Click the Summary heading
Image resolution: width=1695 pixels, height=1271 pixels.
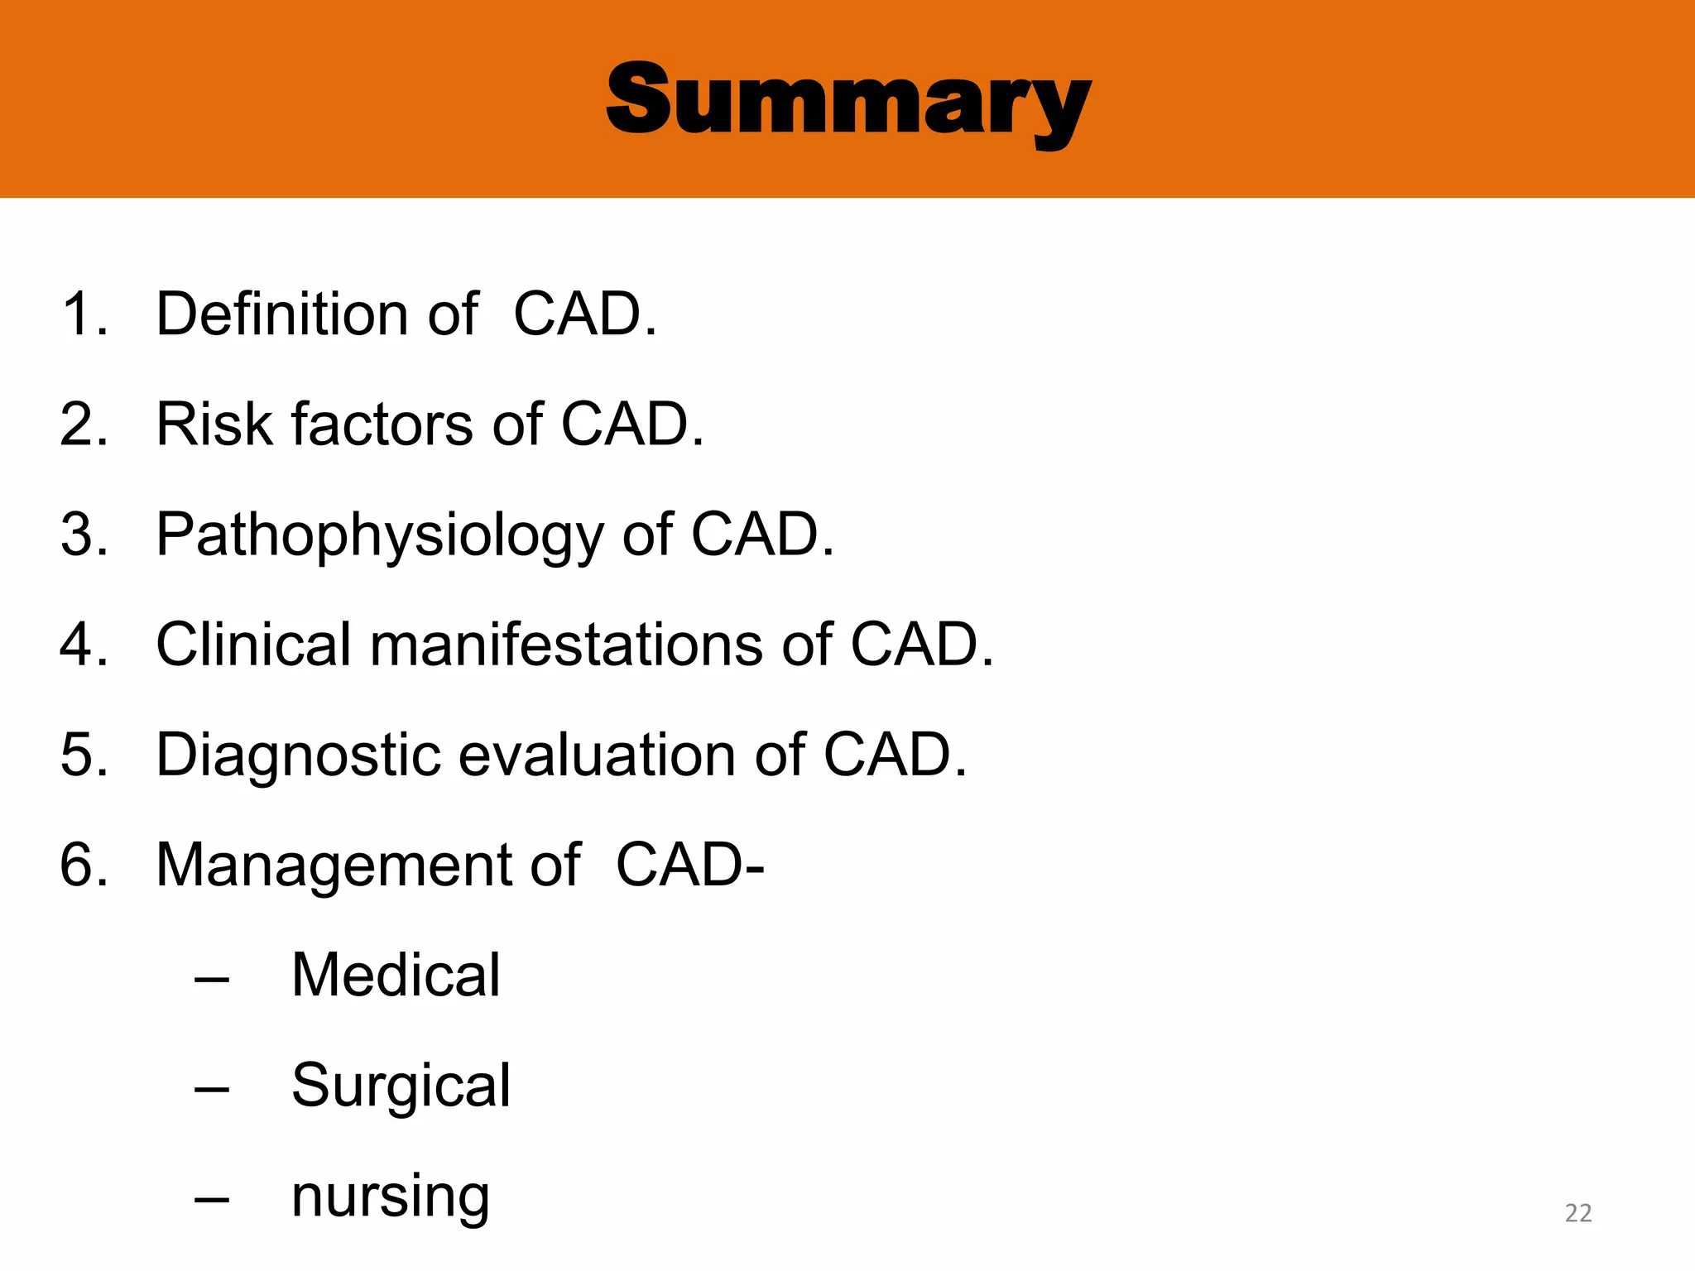pos(848,103)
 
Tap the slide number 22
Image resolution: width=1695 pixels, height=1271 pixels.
pos(1578,1213)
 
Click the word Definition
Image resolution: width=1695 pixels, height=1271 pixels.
pos(281,315)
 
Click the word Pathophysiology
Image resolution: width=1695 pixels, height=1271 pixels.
pos(380,536)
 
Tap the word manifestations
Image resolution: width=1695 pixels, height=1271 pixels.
pos(566,645)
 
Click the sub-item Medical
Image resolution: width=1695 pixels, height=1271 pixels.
pos(396,975)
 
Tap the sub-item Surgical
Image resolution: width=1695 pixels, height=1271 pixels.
pos(401,1086)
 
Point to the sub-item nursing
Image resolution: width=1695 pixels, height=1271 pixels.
pos(391,1197)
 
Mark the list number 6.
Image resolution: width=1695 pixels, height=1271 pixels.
pos(84,866)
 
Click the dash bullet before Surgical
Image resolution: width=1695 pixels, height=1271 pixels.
pos(212,1091)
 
